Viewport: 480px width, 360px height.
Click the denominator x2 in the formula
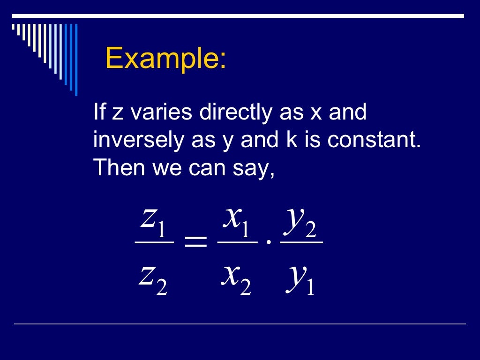(237, 277)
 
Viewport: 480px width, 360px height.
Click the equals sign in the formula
(195, 243)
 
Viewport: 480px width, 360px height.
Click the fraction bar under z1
(154, 242)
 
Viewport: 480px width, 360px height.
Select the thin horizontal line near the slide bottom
(240, 323)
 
